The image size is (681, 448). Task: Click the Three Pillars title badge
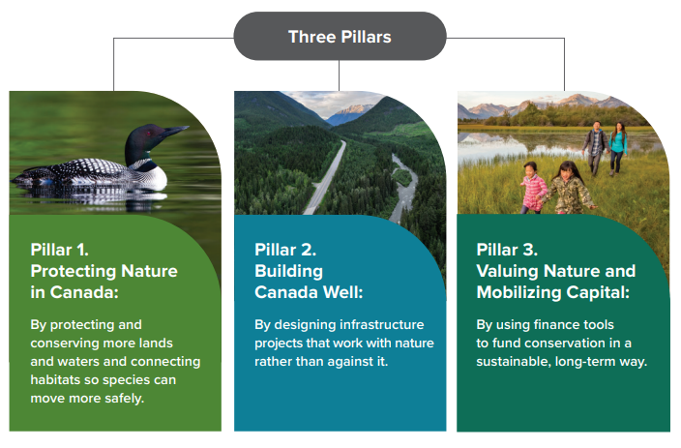[x=340, y=37]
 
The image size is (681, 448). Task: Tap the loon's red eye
[x=153, y=137]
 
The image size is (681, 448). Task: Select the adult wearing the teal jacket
[x=617, y=148]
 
